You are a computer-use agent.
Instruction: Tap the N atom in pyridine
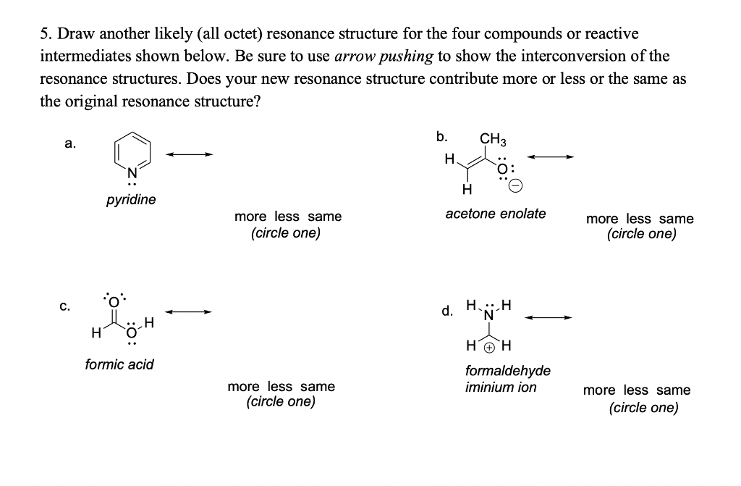pyautogui.click(x=132, y=172)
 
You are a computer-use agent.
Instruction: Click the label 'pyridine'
pyautogui.click(x=131, y=199)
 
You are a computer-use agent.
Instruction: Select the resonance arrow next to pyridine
pyautogui.click(x=190, y=154)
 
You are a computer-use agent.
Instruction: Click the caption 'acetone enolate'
pyautogui.click(x=496, y=214)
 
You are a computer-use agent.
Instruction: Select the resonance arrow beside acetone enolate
pyautogui.click(x=551, y=156)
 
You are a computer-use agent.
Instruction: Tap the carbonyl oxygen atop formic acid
pyautogui.click(x=114, y=301)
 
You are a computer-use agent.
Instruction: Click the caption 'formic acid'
pyautogui.click(x=119, y=364)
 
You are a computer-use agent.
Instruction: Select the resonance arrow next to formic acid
pyautogui.click(x=190, y=312)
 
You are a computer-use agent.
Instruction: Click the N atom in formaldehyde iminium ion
pyautogui.click(x=489, y=316)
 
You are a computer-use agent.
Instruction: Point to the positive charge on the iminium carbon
pyautogui.click(x=489, y=347)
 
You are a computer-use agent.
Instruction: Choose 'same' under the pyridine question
pyautogui.click(x=324, y=217)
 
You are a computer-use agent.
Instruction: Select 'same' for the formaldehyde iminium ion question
pyautogui.click(x=673, y=390)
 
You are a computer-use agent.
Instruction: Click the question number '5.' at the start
pyautogui.click(x=46, y=34)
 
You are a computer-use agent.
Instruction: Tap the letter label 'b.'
pyautogui.click(x=441, y=135)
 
